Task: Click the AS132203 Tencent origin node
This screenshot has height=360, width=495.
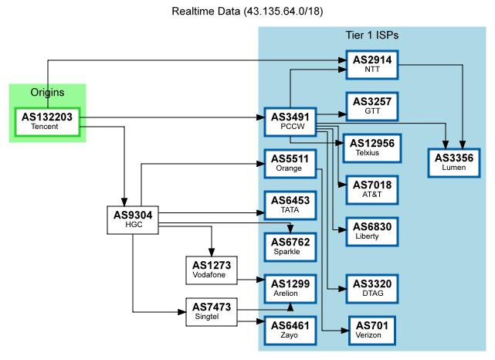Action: pyautogui.click(x=47, y=121)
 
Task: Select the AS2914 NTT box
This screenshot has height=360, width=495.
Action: pyautogui.click(x=372, y=63)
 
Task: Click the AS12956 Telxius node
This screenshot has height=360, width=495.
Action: pyautogui.click(x=372, y=147)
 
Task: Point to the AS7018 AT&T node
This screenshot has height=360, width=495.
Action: pyautogui.click(x=372, y=188)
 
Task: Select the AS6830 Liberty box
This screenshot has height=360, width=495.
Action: pyautogui.click(x=372, y=230)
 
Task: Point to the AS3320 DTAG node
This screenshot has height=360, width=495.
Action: pyautogui.click(x=372, y=288)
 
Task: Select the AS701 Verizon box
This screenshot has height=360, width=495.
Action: pyautogui.click(x=372, y=330)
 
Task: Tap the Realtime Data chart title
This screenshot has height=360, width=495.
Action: pyautogui.click(x=247, y=12)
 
